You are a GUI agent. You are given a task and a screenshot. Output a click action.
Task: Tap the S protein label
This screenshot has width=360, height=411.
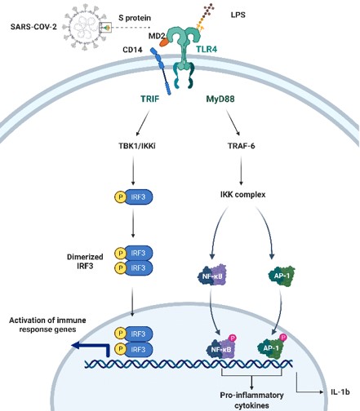pos(135,18)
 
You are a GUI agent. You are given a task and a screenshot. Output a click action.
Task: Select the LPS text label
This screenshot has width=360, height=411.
pos(238,15)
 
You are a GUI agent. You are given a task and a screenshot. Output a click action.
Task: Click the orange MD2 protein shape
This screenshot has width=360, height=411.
pos(165,42)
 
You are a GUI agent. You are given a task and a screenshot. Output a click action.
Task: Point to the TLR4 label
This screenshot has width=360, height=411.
pos(207,49)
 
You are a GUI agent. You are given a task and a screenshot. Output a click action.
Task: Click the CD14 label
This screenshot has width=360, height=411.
pos(132,50)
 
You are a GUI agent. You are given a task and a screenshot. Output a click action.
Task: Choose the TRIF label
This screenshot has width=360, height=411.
pos(149,99)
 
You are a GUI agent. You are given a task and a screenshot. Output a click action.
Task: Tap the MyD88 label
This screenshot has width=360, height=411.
pos(220,99)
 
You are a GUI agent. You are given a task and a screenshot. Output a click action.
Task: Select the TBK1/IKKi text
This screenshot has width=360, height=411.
pos(137,146)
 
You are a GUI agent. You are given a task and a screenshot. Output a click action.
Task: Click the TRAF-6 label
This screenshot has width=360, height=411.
pos(242,146)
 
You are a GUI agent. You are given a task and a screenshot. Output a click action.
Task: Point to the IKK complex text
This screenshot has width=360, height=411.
pos(242,195)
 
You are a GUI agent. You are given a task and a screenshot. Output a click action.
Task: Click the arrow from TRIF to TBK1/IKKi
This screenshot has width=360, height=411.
pos(143,122)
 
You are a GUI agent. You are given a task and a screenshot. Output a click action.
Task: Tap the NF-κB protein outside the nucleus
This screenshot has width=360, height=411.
pos(212,276)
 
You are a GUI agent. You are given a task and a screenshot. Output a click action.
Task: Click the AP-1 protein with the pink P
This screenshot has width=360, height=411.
pos(272,347)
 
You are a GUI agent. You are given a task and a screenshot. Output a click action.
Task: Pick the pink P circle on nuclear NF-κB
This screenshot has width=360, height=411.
pos(233,338)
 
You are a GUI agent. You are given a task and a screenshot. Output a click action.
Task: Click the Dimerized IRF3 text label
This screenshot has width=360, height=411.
pos(85,261)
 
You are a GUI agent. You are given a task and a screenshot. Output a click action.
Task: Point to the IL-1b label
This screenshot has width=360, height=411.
pos(340,392)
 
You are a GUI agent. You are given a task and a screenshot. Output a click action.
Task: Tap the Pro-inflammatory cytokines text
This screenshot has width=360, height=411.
pos(251,400)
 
